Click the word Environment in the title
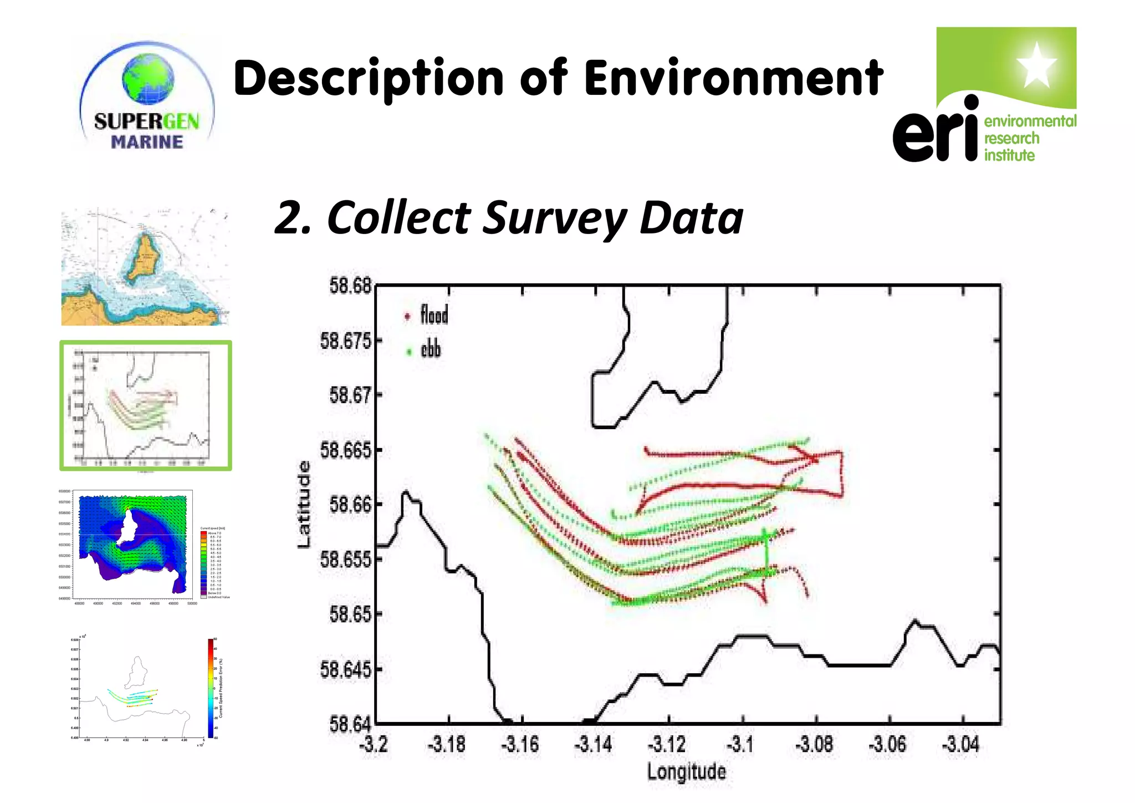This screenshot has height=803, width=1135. click(x=733, y=78)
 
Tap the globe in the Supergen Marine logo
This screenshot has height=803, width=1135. click(x=148, y=79)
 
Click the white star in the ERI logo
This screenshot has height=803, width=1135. click(x=1036, y=65)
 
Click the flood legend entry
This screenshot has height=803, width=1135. click(x=433, y=316)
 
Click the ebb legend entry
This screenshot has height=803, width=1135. click(x=430, y=350)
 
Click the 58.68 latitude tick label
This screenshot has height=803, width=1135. click(x=350, y=286)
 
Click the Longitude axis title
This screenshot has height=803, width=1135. click(x=686, y=772)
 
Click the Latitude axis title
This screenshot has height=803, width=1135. click(x=304, y=504)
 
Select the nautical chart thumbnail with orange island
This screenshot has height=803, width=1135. click(x=145, y=267)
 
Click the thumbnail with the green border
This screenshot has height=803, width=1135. click(x=145, y=405)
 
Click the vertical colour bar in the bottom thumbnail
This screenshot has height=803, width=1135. click(x=211, y=688)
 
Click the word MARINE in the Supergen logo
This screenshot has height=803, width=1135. click(x=147, y=142)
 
